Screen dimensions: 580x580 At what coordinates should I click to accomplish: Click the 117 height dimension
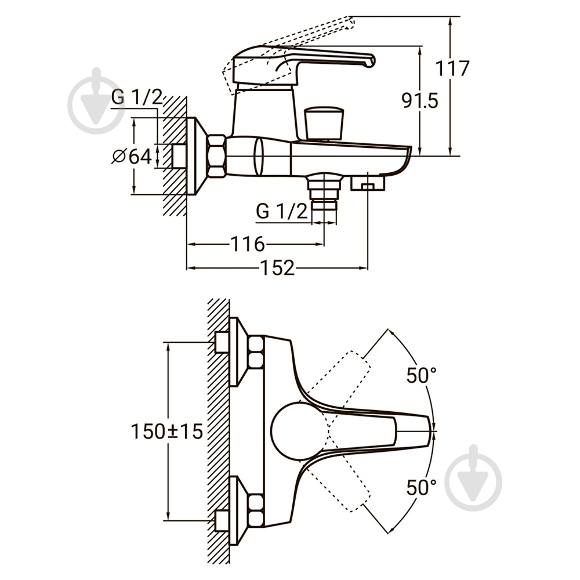pos(452,68)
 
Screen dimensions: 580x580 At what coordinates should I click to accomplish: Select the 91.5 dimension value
pos(420,100)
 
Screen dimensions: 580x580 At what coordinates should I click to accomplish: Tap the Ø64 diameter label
pos(132,157)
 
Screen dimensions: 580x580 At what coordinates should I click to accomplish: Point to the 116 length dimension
pos(248,244)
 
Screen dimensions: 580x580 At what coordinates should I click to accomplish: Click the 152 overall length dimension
pos(278,268)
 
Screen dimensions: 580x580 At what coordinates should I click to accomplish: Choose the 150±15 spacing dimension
pos(167,431)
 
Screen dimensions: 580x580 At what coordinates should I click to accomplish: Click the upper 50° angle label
pos(422,375)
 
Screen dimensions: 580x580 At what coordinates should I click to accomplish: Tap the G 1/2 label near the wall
pos(137,97)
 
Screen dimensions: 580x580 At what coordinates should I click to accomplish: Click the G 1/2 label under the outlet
pos(281,212)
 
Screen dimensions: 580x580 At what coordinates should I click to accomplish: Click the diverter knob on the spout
pos(323,123)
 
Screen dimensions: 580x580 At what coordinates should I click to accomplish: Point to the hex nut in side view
pos(217,156)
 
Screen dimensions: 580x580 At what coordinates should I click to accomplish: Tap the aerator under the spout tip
pos(367,183)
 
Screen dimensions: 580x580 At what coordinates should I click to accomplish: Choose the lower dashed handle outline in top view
pos(339,477)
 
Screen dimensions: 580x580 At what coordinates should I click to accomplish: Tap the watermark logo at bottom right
pos(473,477)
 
